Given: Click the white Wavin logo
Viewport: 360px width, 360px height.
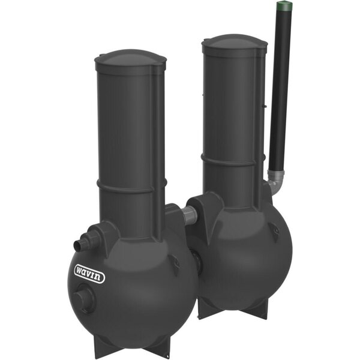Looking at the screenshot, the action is [89, 274].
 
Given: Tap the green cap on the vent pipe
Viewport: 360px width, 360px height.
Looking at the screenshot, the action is [284, 6].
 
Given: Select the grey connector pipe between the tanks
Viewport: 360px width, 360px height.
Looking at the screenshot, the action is [190, 215].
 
